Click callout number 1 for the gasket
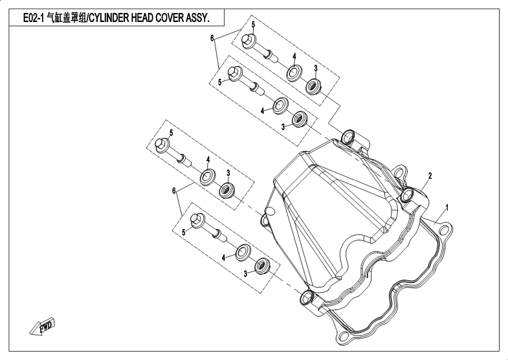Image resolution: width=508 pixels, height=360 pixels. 447,207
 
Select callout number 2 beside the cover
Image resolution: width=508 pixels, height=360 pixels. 430,176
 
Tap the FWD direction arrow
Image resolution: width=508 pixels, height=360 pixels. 43,327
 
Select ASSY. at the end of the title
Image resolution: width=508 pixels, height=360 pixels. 197,18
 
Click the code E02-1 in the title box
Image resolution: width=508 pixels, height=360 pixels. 34,18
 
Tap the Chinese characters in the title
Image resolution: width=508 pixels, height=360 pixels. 66,18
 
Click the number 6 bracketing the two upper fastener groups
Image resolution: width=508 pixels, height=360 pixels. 212,39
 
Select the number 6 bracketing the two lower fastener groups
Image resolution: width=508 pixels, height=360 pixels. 174,191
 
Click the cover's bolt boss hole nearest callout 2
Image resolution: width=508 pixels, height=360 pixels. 407,195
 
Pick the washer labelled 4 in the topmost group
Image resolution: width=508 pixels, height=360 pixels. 294,73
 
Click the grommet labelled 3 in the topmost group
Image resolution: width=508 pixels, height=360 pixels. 314,87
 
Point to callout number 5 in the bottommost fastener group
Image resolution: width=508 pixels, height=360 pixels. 183,232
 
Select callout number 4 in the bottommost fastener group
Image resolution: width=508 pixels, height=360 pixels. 223,258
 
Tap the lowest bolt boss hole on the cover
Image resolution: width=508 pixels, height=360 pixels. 307,297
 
